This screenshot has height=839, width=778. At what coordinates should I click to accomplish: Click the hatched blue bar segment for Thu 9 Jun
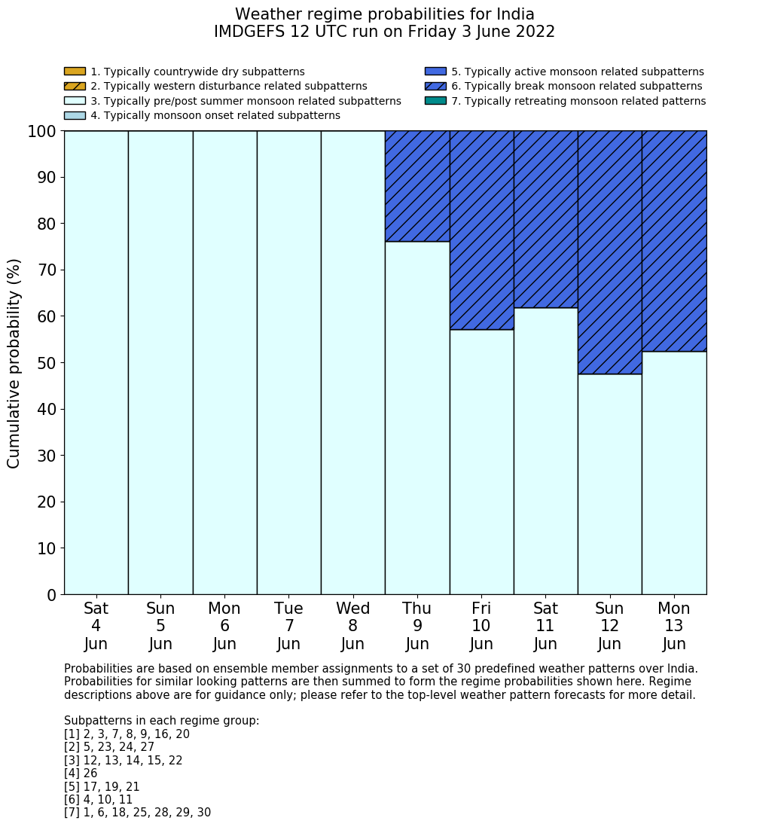pos(417,186)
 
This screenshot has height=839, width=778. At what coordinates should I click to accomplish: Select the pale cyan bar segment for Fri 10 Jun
pos(481,462)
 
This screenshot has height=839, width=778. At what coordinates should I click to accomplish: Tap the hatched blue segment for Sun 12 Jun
pos(609,252)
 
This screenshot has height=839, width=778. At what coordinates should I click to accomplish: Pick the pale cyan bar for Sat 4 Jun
pos(96,362)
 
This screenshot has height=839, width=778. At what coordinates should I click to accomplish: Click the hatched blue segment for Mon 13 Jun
pos(674,241)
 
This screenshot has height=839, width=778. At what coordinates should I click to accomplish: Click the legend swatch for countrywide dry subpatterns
pos(75,72)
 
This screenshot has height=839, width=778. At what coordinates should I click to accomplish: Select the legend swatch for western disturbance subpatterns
pos(75,86)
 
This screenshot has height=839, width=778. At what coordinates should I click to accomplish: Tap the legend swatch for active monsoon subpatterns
pos(435,72)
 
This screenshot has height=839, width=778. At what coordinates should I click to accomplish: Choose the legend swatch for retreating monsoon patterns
pos(435,100)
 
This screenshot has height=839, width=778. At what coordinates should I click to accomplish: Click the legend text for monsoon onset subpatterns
pos(215,115)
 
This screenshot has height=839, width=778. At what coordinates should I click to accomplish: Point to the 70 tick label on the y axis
pos(46,270)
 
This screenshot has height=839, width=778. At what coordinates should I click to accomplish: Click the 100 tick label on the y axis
pos(42,132)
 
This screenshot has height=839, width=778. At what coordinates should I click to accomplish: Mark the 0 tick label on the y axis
pos(51,596)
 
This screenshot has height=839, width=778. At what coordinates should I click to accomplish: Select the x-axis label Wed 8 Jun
pos(352,626)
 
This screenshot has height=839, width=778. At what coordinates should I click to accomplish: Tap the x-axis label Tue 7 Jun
pos(288,626)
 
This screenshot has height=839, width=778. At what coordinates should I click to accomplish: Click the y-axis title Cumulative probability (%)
pos(14,363)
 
